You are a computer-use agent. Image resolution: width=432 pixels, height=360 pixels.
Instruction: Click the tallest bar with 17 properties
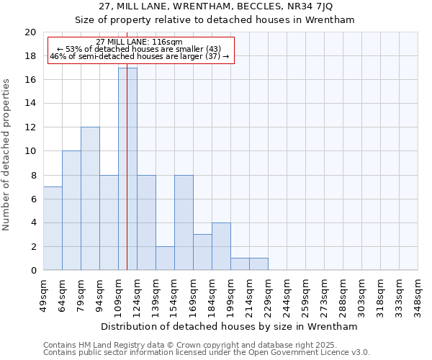tap(127, 169)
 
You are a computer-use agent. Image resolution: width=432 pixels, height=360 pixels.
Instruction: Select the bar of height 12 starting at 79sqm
tap(90, 199)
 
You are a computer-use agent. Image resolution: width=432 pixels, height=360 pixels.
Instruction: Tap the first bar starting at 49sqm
tap(53, 228)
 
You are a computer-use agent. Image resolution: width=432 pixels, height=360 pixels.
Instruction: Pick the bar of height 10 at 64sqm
tap(71, 210)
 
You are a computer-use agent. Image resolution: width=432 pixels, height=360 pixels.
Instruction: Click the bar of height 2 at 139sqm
tap(165, 258)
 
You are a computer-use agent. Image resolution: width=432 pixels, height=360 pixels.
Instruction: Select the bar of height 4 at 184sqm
tap(221, 246)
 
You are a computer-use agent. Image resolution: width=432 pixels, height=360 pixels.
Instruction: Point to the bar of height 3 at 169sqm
tap(202, 252)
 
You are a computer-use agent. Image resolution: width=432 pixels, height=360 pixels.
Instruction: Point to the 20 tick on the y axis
tap(30, 32)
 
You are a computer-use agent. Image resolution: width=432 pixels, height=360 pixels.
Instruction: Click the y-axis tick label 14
tap(30, 104)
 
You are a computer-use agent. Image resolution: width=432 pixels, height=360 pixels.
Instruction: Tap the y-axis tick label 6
tap(32, 199)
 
